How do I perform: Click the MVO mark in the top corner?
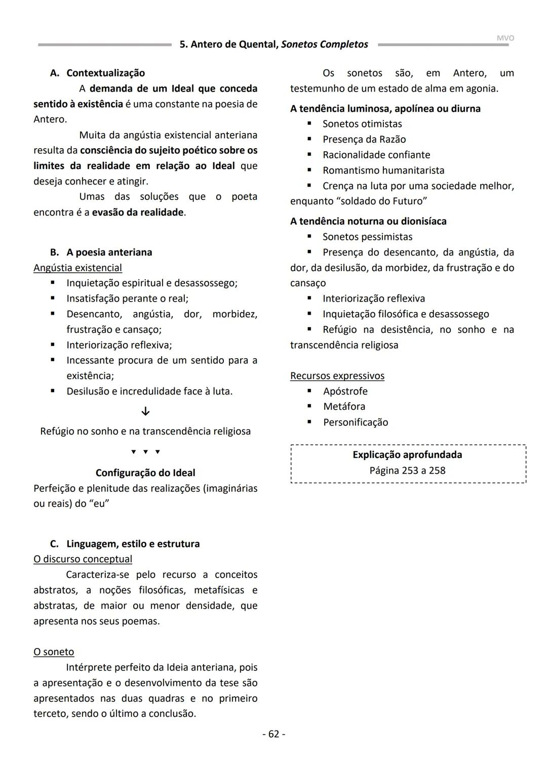click(505, 38)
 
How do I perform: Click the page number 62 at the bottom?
click(273, 734)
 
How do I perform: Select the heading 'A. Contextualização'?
click(97, 73)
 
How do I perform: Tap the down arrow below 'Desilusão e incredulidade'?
click(145, 411)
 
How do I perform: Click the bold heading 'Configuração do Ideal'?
click(145, 473)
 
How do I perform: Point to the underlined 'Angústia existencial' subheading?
click(77, 268)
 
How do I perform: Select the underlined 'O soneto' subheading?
click(54, 652)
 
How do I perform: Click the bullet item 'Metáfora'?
click(344, 406)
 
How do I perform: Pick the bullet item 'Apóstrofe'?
click(345, 391)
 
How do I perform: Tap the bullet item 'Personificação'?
click(356, 422)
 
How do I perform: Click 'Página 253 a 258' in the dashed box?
click(407, 470)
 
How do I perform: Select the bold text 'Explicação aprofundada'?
click(407, 454)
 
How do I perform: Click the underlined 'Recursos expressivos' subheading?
click(337, 375)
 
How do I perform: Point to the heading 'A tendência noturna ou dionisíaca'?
click(368, 221)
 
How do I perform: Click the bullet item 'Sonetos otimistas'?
click(362, 124)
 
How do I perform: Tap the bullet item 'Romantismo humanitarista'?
click(383, 170)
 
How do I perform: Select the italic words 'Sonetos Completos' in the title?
click(325, 45)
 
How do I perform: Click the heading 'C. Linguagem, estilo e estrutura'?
click(125, 544)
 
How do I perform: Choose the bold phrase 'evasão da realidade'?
click(138, 212)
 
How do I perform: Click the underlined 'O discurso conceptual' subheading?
click(83, 559)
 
